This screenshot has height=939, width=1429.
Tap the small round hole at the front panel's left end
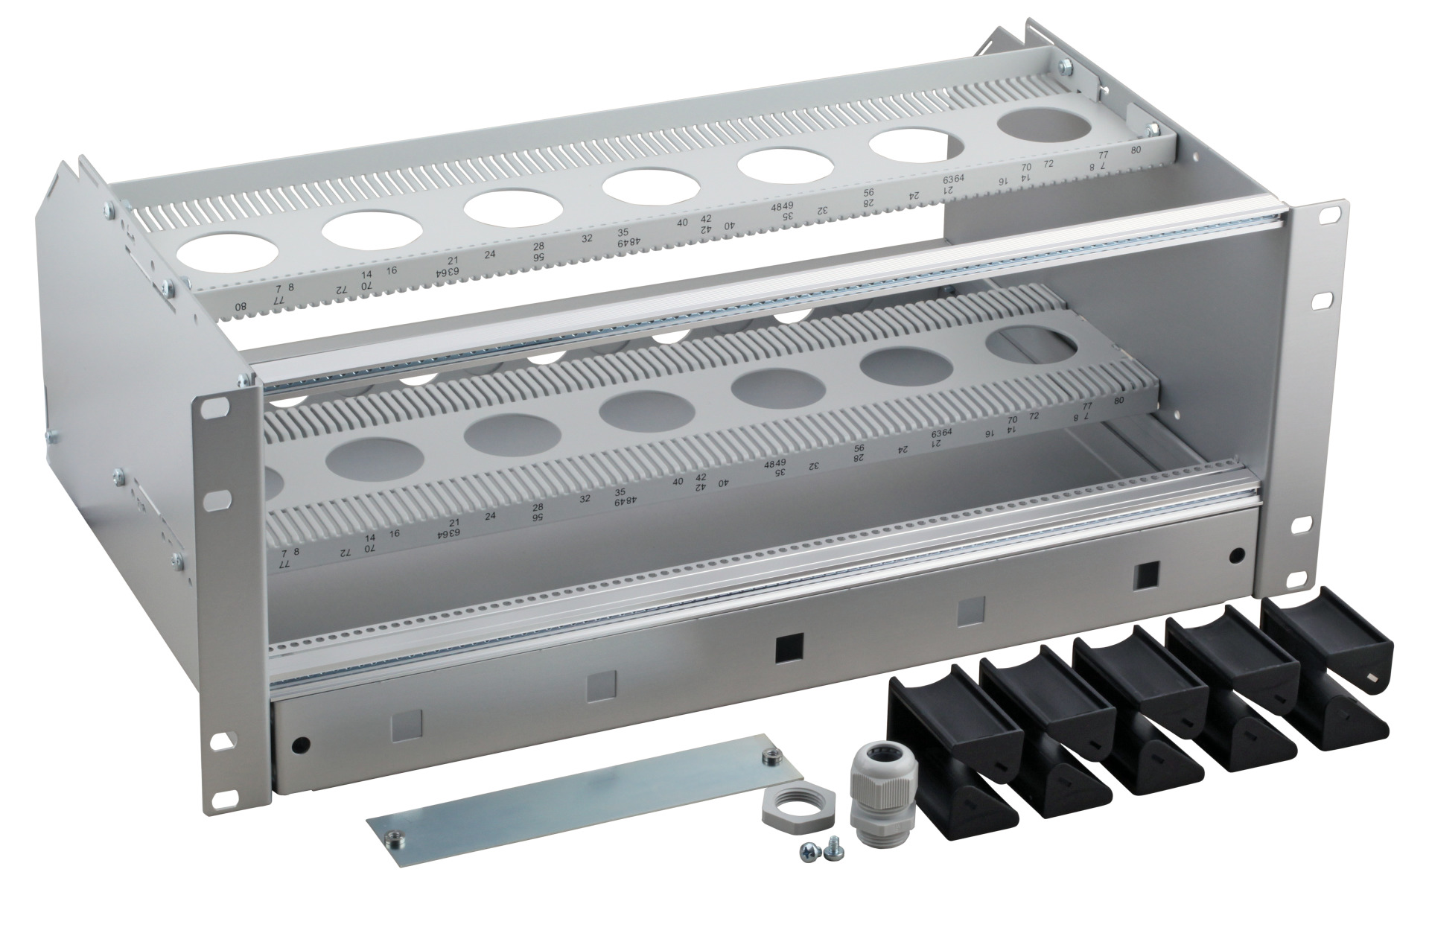coord(300,745)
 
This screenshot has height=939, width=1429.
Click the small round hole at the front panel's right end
coord(1237,554)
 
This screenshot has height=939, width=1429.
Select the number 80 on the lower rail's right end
coord(1118,401)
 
